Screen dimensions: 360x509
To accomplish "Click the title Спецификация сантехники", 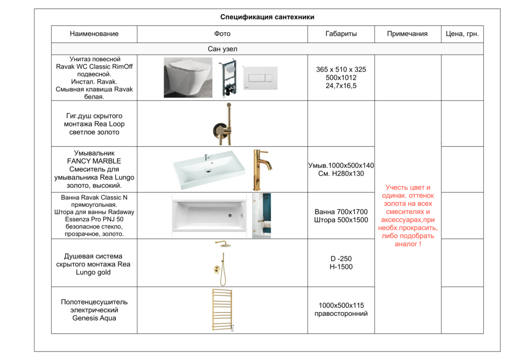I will (x=267, y=17).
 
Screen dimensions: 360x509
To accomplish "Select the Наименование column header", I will (x=94, y=34).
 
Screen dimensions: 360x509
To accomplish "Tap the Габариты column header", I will (x=341, y=34).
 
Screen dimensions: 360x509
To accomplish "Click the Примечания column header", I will (x=407, y=34).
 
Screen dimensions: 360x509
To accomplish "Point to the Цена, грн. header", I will (x=462, y=34).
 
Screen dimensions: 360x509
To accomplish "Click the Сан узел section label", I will (x=222, y=49).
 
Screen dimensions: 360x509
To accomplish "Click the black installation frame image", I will (x=230, y=78).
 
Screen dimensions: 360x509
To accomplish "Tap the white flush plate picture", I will (x=260, y=78).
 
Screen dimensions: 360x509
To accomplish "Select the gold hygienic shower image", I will (x=222, y=123).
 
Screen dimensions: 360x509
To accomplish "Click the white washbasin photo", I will (x=209, y=170).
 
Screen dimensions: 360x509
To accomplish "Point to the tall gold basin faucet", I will (x=260, y=169).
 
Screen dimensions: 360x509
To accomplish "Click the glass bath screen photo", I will (x=261, y=216).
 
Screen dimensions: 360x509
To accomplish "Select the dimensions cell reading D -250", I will (x=341, y=259).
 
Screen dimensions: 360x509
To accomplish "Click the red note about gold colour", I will (x=408, y=216).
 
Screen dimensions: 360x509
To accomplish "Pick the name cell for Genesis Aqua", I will (x=94, y=310).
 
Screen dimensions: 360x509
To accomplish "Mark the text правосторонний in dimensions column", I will (x=341, y=314).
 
